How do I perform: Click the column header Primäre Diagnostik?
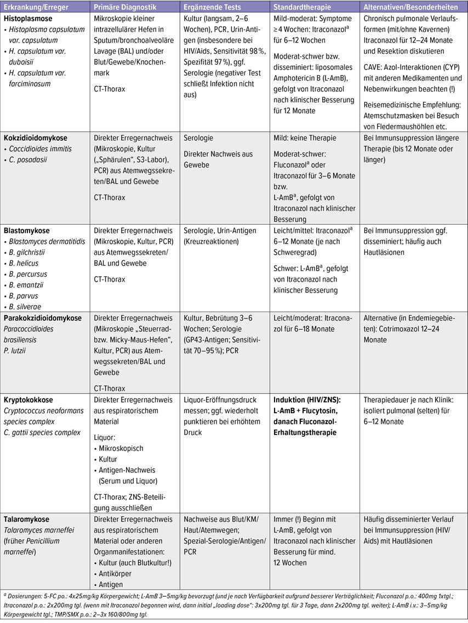(125, 7)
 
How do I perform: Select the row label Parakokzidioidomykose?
(43, 318)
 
